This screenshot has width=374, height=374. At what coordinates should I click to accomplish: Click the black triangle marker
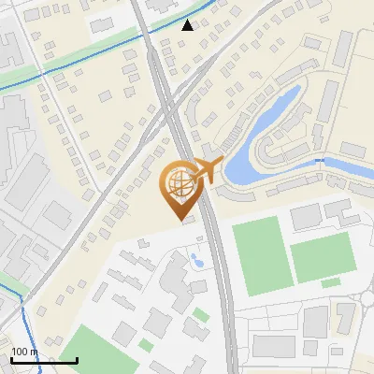click(x=188, y=25)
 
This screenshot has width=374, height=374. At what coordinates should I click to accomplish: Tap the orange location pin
click(x=180, y=187)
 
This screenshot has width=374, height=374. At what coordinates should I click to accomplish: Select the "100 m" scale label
click(x=24, y=352)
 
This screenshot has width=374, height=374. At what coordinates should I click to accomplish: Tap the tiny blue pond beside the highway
click(x=196, y=259)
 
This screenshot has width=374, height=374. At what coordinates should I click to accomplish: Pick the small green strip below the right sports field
click(x=331, y=282)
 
